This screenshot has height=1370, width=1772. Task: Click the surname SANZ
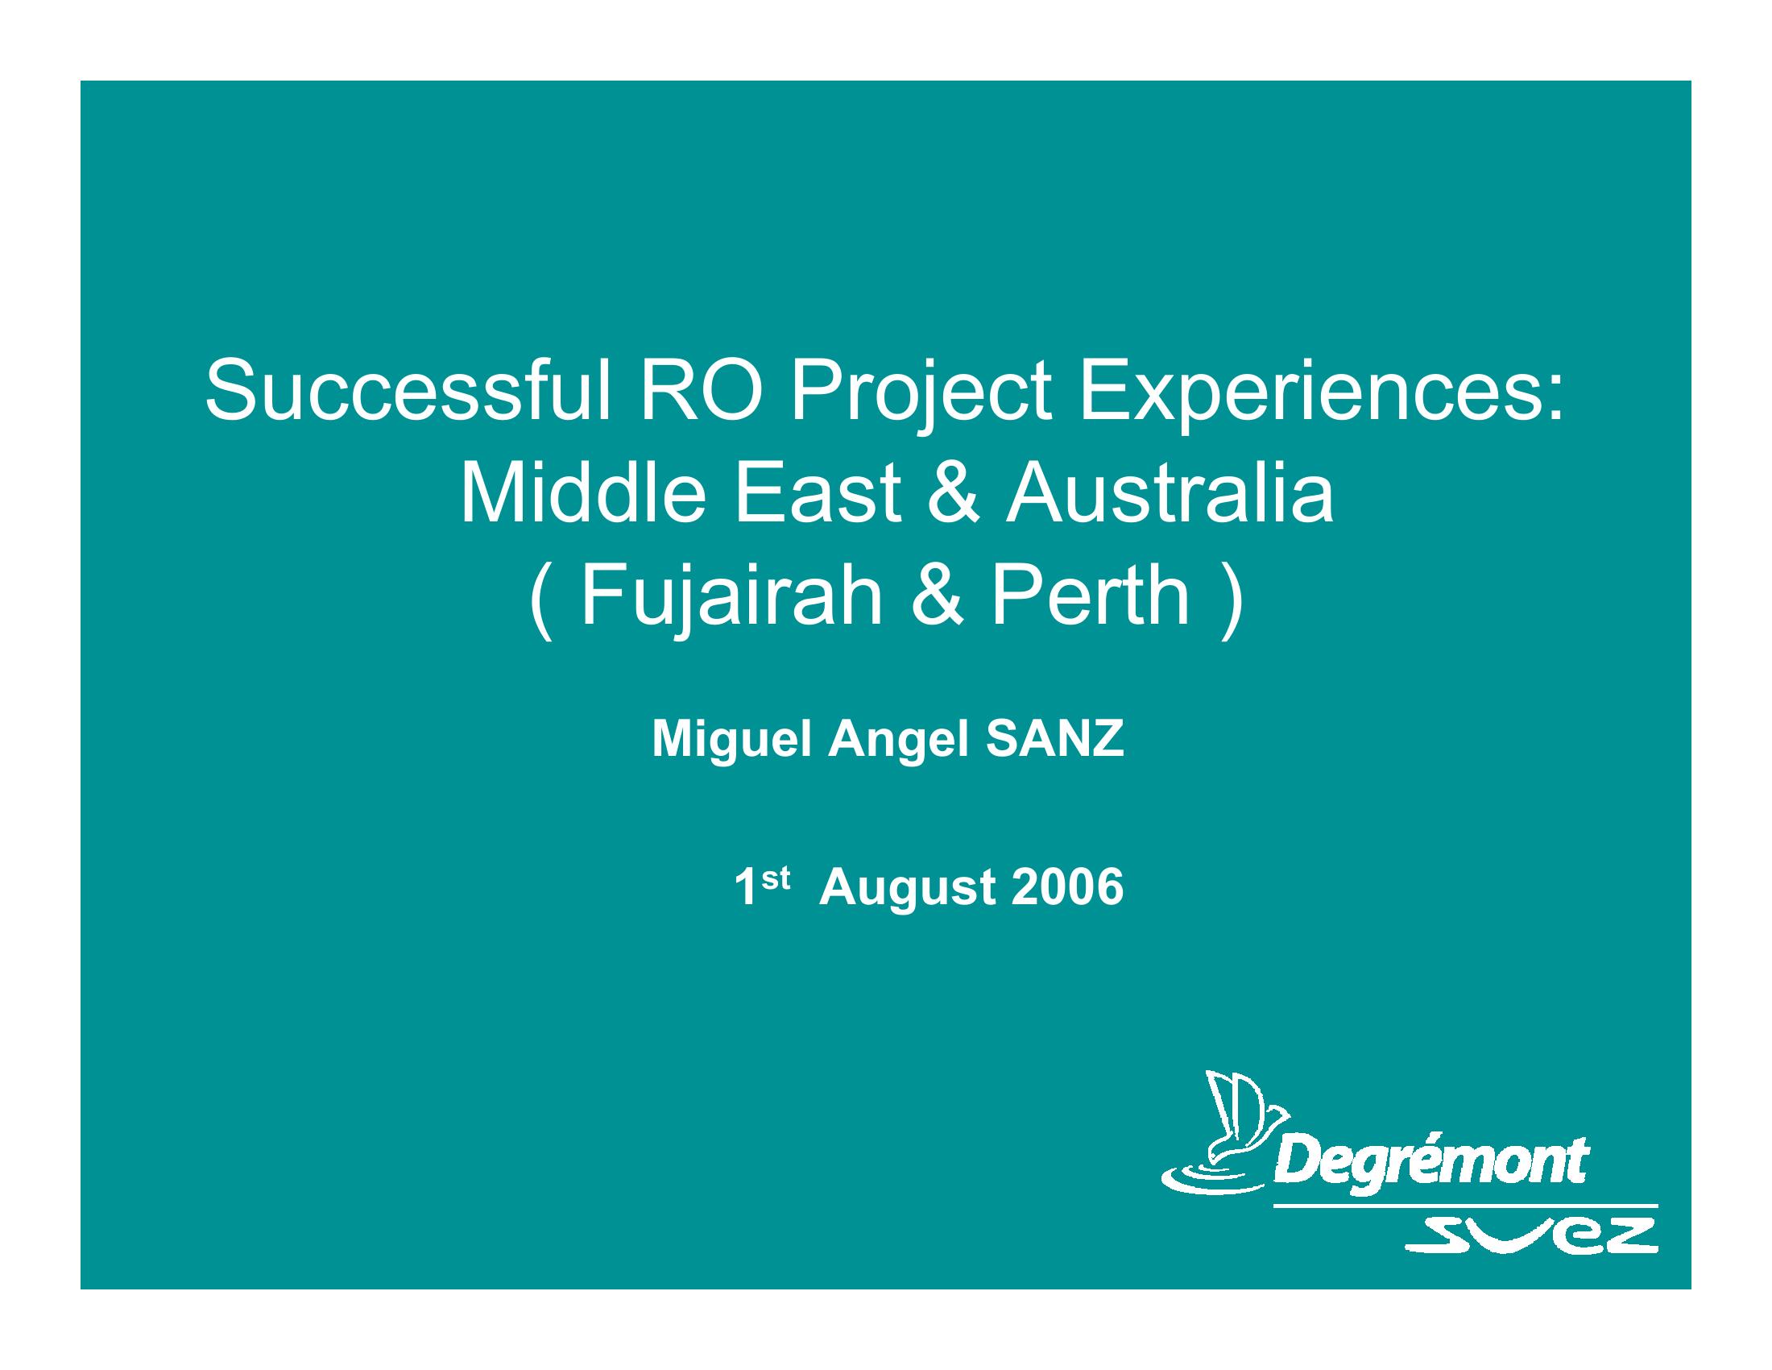pyautogui.click(x=1055, y=739)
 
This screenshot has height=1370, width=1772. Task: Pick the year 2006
pyautogui.click(x=1067, y=888)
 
